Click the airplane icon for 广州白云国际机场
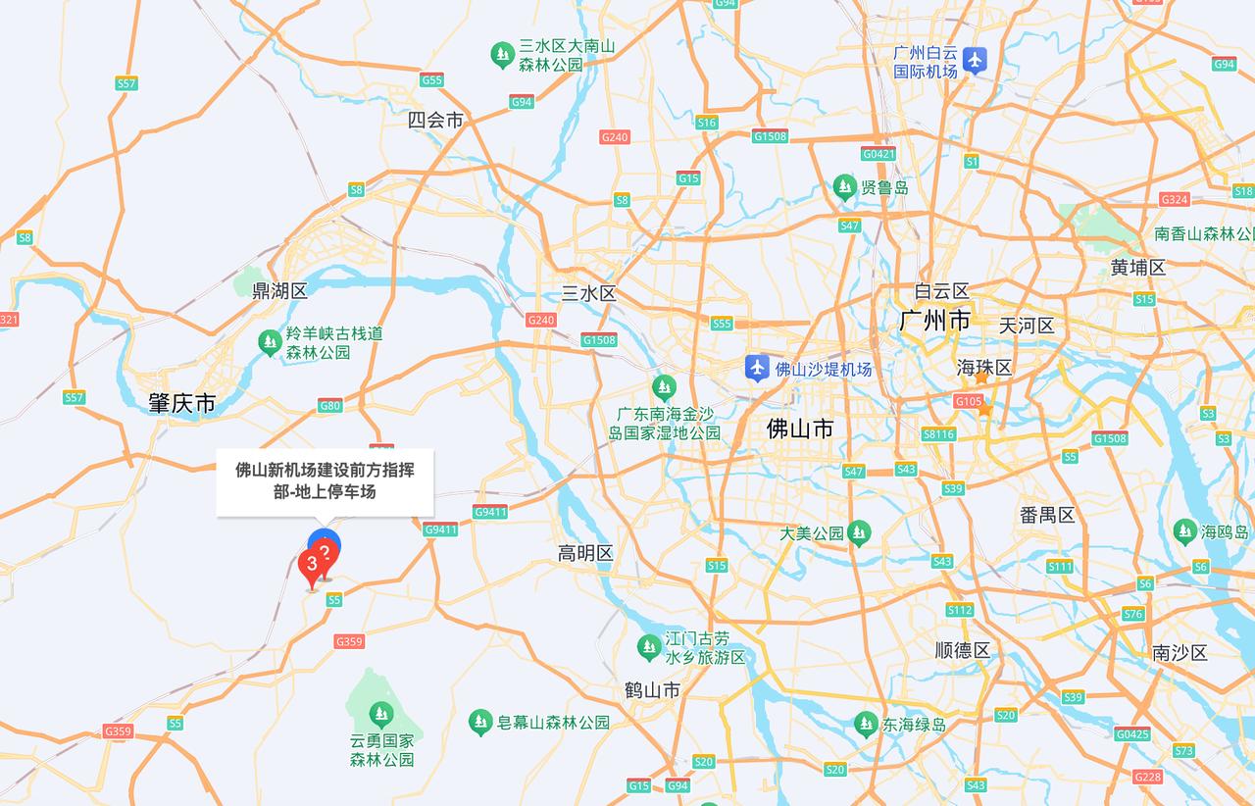coord(974,60)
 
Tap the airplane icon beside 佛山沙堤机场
coord(756,369)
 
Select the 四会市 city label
coord(435,121)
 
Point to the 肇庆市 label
coord(181,403)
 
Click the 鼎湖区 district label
coord(279,290)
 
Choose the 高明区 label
coord(585,553)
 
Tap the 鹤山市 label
coord(652,689)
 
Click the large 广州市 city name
coord(934,321)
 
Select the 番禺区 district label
coord(1047,515)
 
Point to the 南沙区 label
coord(1180,652)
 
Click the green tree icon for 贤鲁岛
coord(844,186)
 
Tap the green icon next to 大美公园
coord(859,532)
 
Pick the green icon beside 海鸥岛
coord(1184,531)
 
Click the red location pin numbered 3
coord(312,566)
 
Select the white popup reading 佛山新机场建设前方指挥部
coord(325,481)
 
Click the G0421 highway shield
coord(878,154)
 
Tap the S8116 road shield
coord(938,434)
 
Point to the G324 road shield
coord(1174,199)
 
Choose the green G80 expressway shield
coord(329,405)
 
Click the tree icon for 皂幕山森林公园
coord(480,723)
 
